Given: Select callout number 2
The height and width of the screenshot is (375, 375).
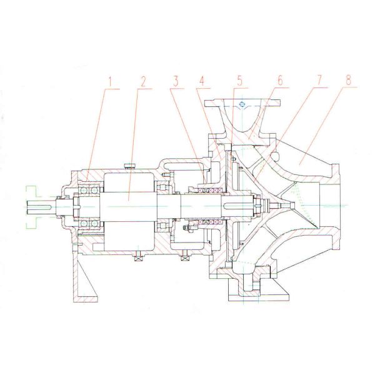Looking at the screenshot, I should click(143, 82).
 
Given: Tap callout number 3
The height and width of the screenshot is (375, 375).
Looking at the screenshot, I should click(177, 82).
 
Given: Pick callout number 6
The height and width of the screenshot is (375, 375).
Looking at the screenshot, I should click(279, 82).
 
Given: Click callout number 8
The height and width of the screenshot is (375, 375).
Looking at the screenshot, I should click(347, 82).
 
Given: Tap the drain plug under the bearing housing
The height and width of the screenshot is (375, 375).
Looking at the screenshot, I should click(136, 254).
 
